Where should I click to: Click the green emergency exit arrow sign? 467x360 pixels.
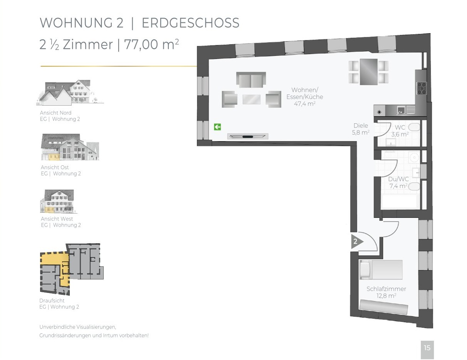[x=217, y=127]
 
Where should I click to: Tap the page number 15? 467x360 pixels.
[x=427, y=348]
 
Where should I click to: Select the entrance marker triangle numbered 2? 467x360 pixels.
[x=357, y=242]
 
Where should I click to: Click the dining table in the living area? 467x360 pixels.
[x=369, y=72]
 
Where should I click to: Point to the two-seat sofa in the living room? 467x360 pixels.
[x=251, y=79]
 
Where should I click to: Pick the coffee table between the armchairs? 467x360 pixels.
[x=252, y=99]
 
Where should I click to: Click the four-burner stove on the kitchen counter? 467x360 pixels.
[x=422, y=88]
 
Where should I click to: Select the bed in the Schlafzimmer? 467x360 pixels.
[x=381, y=269]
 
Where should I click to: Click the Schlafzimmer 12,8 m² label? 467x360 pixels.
[x=386, y=292]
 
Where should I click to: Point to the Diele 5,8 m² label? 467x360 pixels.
[x=361, y=129]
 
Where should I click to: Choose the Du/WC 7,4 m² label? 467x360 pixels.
[x=398, y=182]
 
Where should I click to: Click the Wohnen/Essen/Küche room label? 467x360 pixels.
[x=305, y=97]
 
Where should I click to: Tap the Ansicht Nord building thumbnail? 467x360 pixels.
[x=70, y=93]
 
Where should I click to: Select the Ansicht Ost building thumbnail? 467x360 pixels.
[x=70, y=147]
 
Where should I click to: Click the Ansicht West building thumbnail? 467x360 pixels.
[x=58, y=201]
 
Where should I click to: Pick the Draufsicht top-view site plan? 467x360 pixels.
[x=72, y=269]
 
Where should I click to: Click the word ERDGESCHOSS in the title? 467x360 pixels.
[x=191, y=23]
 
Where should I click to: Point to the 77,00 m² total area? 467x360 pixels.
[x=151, y=44]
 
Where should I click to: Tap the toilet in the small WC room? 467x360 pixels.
[x=414, y=127]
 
